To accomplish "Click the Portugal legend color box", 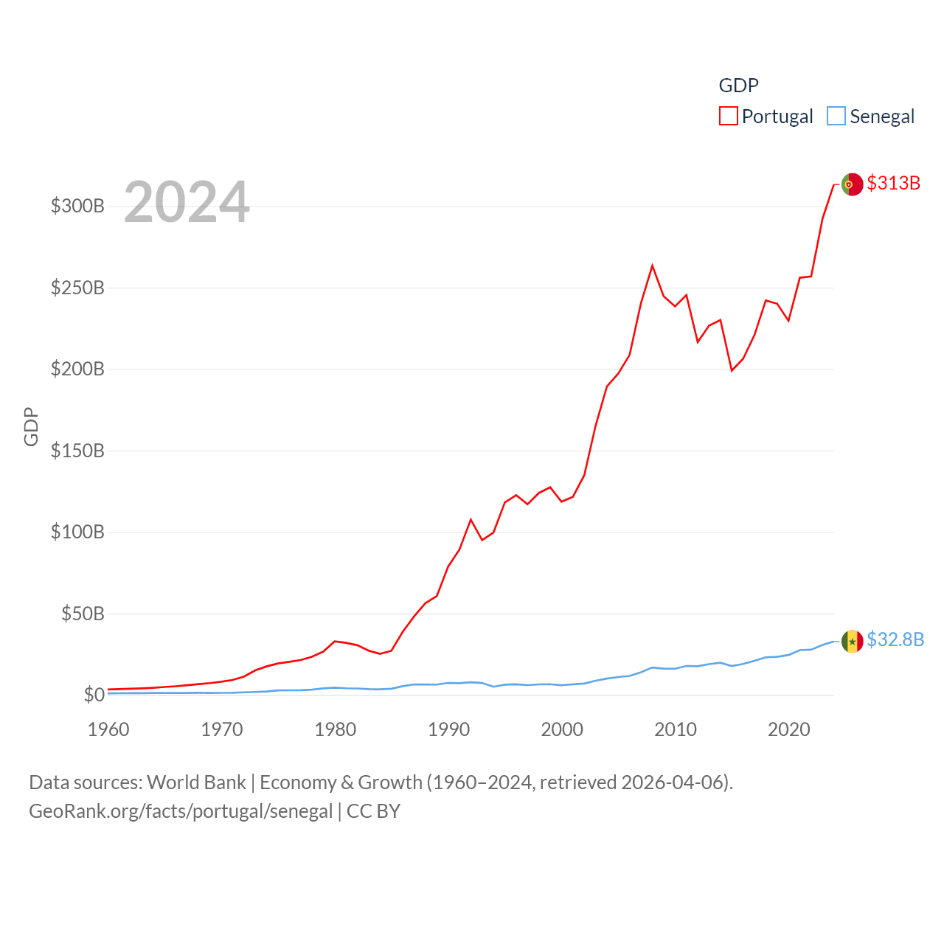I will (x=729, y=117).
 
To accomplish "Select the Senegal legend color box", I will (x=836, y=117).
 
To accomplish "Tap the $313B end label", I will (x=893, y=183).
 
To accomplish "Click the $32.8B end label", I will (x=895, y=639).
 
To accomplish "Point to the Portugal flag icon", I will (x=852, y=184).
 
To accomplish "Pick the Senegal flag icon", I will (x=852, y=641).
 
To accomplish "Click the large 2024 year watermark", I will (x=187, y=202).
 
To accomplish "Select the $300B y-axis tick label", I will (x=77, y=206).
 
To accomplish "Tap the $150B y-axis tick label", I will (x=77, y=451).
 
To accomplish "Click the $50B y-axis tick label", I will (x=83, y=614).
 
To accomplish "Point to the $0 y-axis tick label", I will (x=94, y=695).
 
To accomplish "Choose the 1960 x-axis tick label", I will (x=108, y=729).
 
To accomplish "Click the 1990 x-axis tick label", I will (x=448, y=729).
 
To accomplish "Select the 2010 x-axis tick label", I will (x=676, y=729).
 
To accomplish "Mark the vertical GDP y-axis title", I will (x=31, y=426).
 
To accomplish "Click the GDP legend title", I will (x=738, y=86).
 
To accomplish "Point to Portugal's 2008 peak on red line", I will (x=652, y=265).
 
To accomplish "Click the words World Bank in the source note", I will (x=196, y=782).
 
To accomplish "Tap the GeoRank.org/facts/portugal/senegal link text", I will (x=181, y=811).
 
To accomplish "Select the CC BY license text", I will (x=373, y=811).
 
